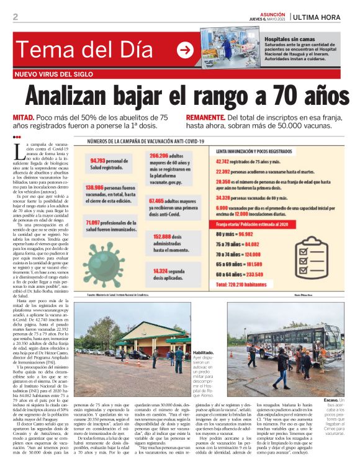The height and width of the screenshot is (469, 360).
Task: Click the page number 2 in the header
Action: tap(15, 17)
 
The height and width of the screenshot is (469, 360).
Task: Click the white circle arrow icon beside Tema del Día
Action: tap(185, 51)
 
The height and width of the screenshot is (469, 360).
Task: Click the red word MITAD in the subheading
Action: tap(25, 117)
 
